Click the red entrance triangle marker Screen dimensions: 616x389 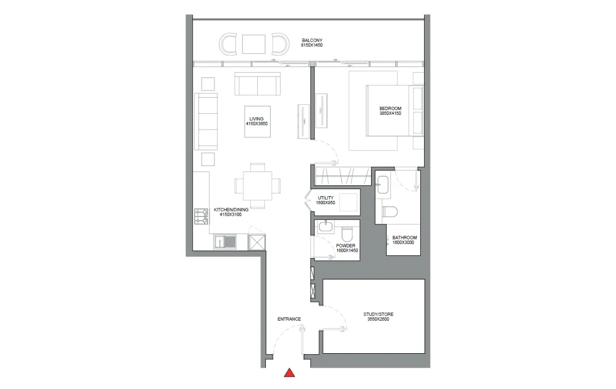point(289,373)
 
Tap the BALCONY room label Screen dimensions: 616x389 point(312,41)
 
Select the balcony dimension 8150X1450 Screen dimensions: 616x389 point(312,45)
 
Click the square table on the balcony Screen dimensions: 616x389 point(253,44)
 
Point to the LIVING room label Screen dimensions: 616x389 point(257,119)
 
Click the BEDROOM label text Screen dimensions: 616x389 point(390,108)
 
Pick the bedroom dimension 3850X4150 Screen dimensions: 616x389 point(390,113)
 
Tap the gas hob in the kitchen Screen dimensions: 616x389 point(201,216)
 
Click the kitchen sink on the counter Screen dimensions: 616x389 point(225,242)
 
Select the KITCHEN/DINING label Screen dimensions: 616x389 point(231,210)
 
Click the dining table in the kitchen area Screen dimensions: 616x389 point(257,185)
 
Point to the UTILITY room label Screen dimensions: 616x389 point(326,198)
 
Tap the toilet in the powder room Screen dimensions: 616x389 point(347,234)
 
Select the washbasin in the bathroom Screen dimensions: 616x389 point(383,184)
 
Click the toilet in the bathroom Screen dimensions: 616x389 point(390,212)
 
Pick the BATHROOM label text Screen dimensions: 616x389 point(405,238)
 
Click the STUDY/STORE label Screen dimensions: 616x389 point(379,314)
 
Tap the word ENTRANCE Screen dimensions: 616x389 point(289,319)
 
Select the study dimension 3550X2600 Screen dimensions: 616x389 point(379,320)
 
